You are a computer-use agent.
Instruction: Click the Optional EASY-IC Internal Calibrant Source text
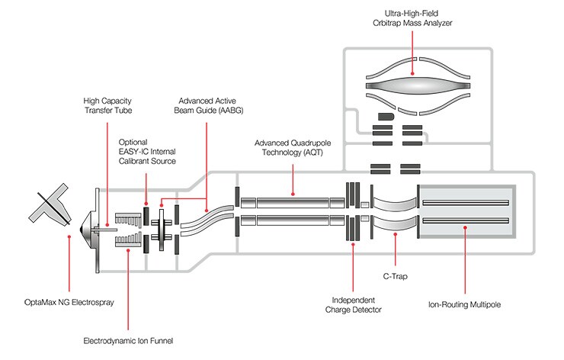point(147,151)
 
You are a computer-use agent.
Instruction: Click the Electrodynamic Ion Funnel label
point(129,339)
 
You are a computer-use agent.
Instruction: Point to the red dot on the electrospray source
point(69,236)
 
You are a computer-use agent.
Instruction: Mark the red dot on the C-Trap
point(395,236)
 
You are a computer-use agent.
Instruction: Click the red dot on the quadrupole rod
point(292,202)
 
